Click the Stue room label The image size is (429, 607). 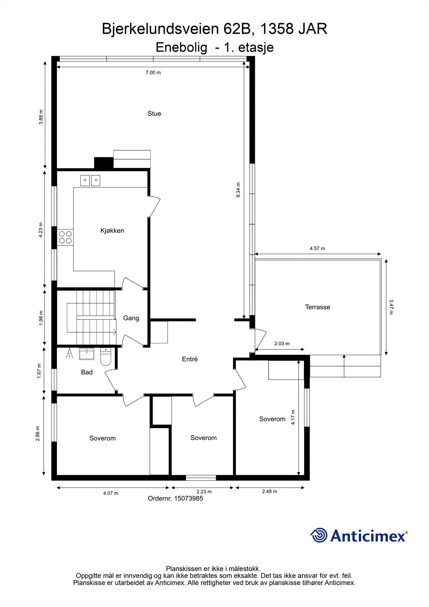click(154, 113)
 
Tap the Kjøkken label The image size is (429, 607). click(112, 231)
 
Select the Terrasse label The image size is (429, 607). click(317, 307)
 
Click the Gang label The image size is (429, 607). click(131, 318)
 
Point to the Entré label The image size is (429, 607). click(190, 359)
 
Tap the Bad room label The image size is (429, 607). click(86, 372)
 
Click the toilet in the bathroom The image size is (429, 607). click(105, 357)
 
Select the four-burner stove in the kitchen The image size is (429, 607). click(65, 237)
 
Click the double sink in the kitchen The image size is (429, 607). click(90, 180)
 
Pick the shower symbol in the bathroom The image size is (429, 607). click(69, 354)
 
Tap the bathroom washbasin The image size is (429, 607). click(86, 354)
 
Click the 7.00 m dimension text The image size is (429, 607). click(153, 72)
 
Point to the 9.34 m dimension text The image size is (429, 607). click(238, 190)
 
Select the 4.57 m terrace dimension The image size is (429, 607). click(317, 248)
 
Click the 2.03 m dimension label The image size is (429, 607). click(281, 344)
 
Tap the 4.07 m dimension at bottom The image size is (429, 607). click(111, 493)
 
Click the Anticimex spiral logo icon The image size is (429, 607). click(319, 535)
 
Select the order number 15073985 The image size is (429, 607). click(188, 498)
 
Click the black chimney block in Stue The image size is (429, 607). click(104, 163)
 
